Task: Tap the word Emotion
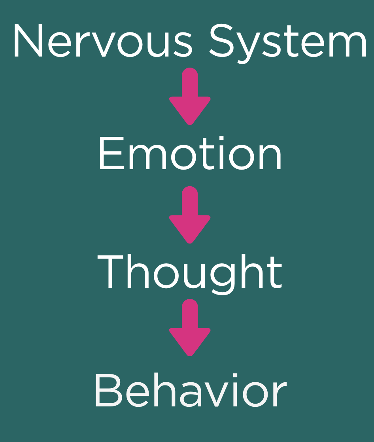pyautogui.click(x=190, y=154)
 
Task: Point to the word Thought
pyautogui.click(x=190, y=273)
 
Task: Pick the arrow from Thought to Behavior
pyautogui.click(x=190, y=327)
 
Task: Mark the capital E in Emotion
pyautogui.click(x=108, y=154)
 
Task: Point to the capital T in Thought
pyautogui.click(x=113, y=273)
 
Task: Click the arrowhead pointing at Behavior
pyautogui.click(x=190, y=342)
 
